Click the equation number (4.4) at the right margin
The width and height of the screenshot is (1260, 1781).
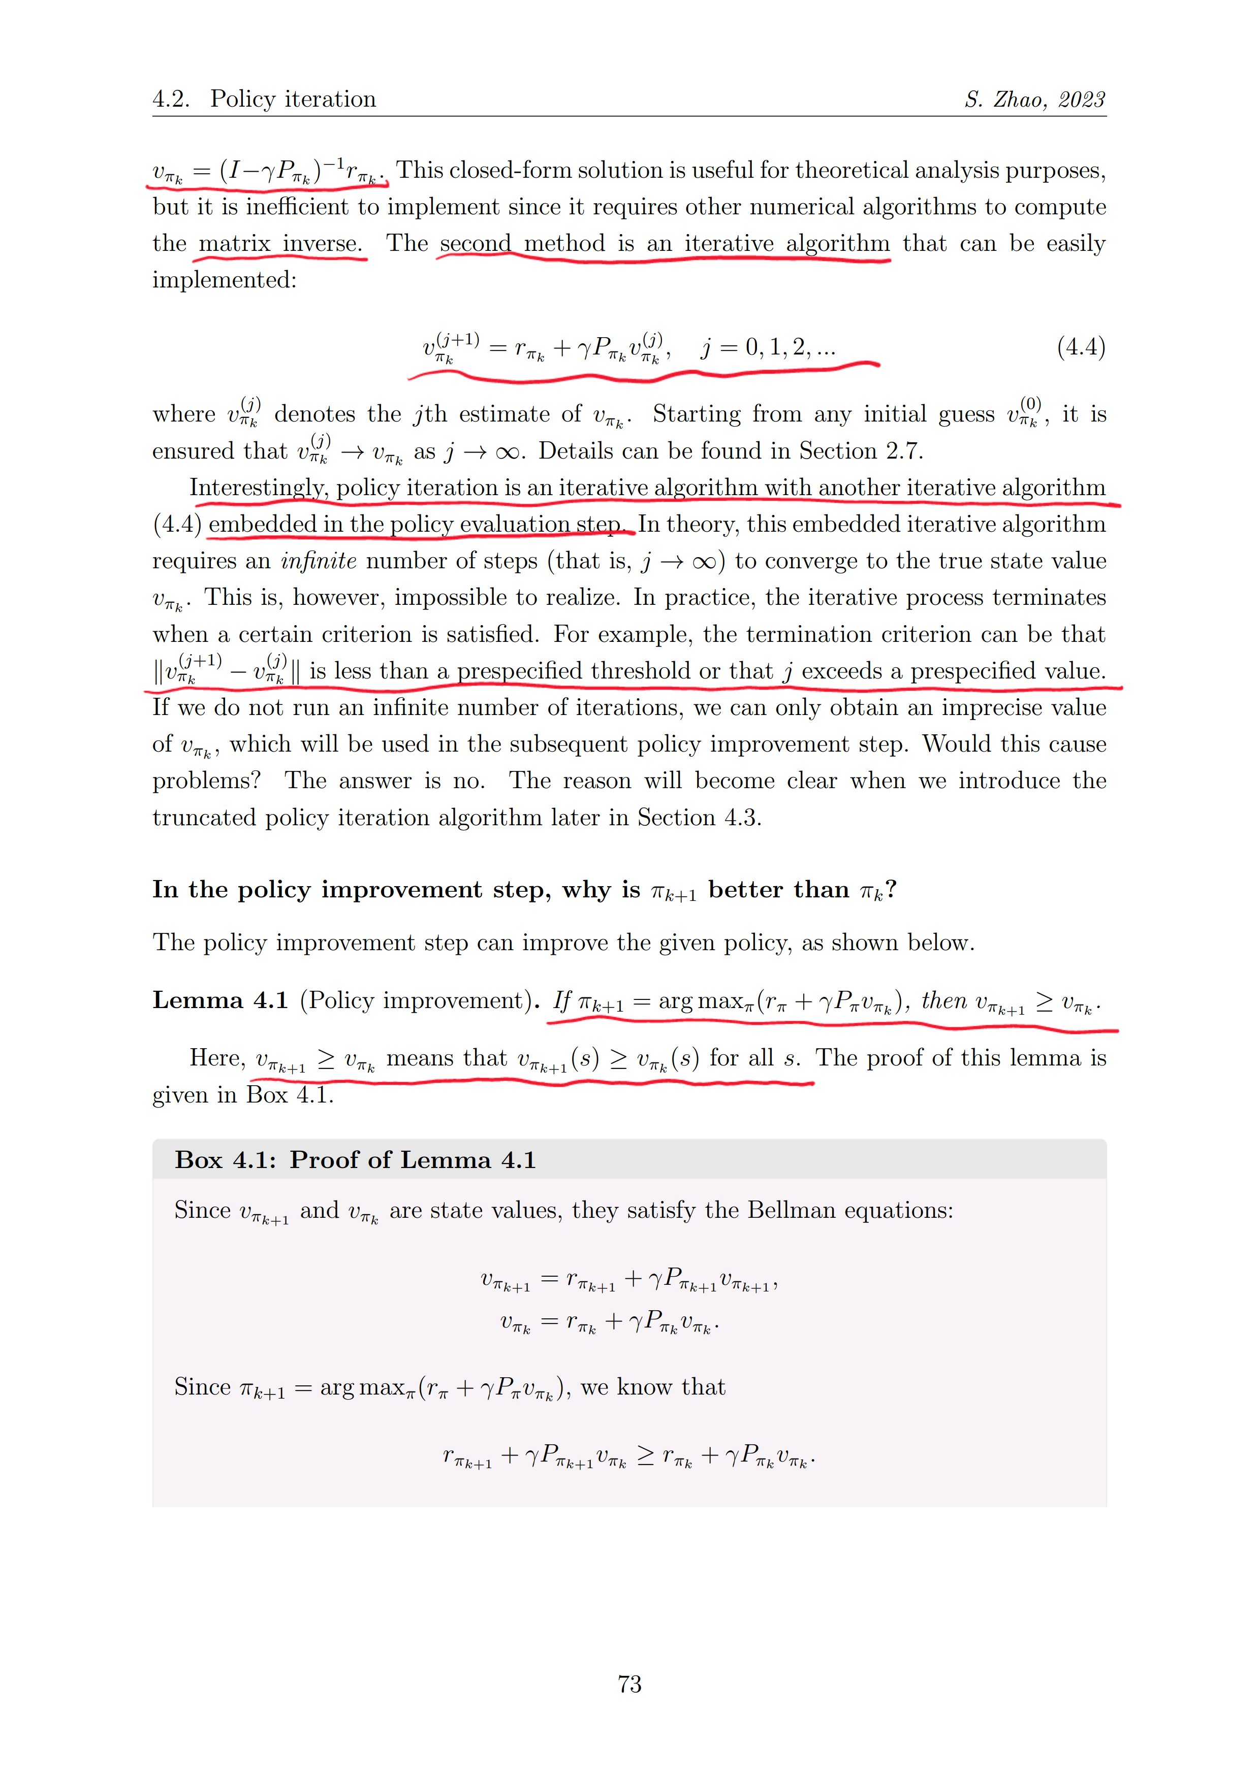[x=1081, y=347]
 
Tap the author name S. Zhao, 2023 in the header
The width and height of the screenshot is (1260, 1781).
[x=1034, y=100]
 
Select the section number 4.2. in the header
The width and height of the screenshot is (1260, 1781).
[x=171, y=100]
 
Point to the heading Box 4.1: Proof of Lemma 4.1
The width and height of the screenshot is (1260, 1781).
[x=355, y=1160]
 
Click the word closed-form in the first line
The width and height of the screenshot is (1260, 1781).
[x=512, y=171]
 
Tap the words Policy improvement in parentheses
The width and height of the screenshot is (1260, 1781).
[x=417, y=1000]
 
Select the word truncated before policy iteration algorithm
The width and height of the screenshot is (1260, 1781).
[x=204, y=818]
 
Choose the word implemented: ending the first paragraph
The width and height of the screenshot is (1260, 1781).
[x=224, y=280]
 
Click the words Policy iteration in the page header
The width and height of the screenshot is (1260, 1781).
[x=293, y=100]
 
